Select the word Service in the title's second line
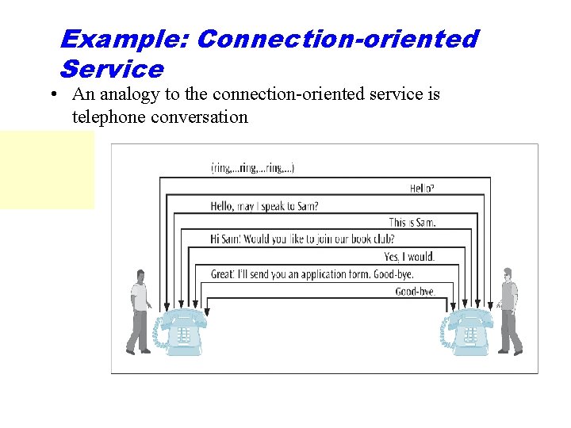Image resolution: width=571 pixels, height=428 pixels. click(111, 68)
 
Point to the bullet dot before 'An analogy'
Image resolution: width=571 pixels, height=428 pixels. click(52, 95)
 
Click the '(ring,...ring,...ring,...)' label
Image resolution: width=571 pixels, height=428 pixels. click(252, 168)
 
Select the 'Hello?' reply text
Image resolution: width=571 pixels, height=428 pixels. click(421, 189)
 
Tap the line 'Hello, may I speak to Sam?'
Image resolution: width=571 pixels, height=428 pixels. click(264, 206)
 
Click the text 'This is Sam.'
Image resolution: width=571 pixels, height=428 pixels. click(412, 223)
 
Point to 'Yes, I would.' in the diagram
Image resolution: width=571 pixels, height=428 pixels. click(409, 257)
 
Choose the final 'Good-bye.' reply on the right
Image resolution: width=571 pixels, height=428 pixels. click(415, 291)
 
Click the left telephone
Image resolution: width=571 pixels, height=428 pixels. click(182, 331)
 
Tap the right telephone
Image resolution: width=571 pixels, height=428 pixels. click(469, 331)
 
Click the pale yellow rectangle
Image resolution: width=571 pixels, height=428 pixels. click(47, 170)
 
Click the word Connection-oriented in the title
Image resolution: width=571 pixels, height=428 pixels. click(337, 38)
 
